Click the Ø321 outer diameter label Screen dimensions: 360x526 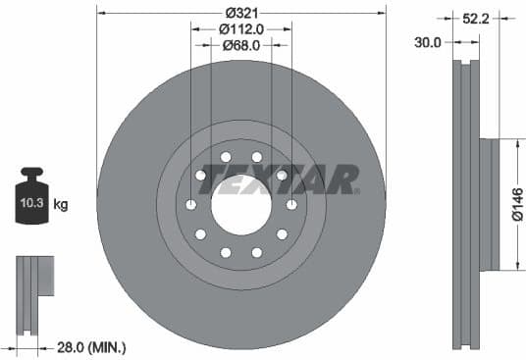241,13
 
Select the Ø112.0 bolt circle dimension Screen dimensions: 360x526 241,28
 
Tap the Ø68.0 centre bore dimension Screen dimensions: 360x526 240,45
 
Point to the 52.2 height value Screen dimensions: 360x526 478,17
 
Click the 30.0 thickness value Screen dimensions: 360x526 428,42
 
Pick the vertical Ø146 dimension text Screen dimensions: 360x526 518,205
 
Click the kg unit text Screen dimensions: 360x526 61,205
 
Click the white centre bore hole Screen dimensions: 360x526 241,204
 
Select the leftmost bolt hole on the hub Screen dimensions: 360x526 191,204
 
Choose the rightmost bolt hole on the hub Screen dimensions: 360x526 291,204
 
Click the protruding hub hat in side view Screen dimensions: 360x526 488,205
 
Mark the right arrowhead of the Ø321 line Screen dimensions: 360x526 382,13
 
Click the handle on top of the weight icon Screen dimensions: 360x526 31,174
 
